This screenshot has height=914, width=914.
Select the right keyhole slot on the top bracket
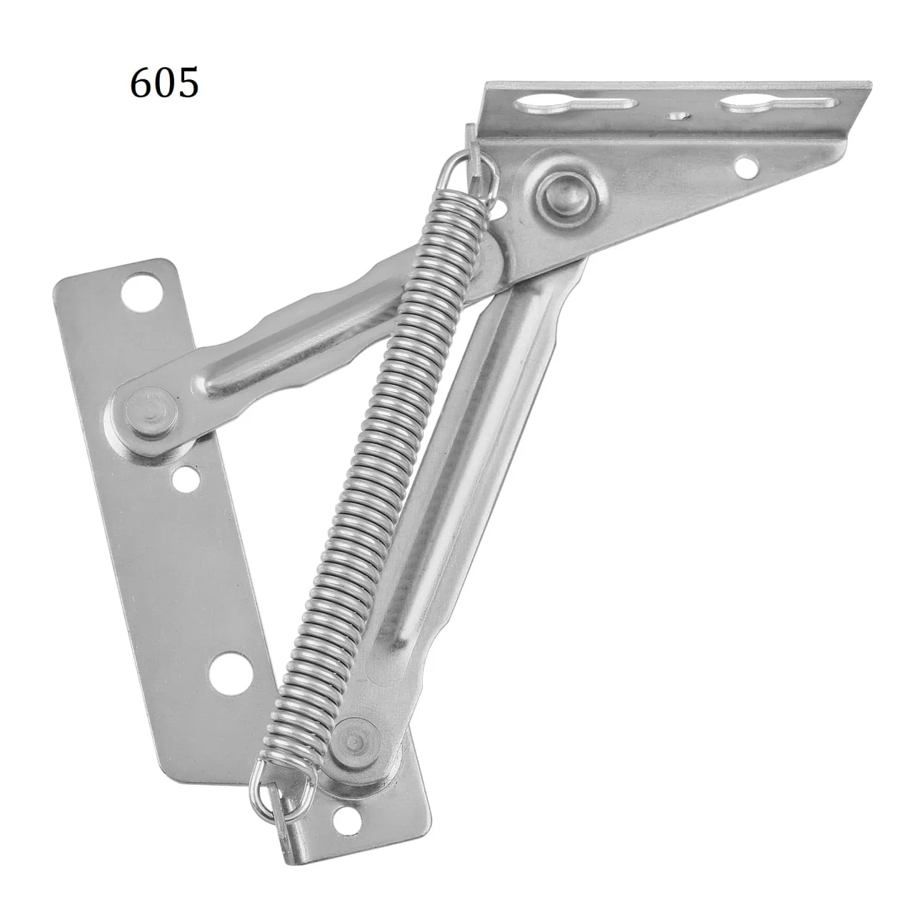[778, 104]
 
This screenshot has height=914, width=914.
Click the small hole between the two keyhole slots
[676, 116]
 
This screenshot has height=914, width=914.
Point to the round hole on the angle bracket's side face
[745, 167]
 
